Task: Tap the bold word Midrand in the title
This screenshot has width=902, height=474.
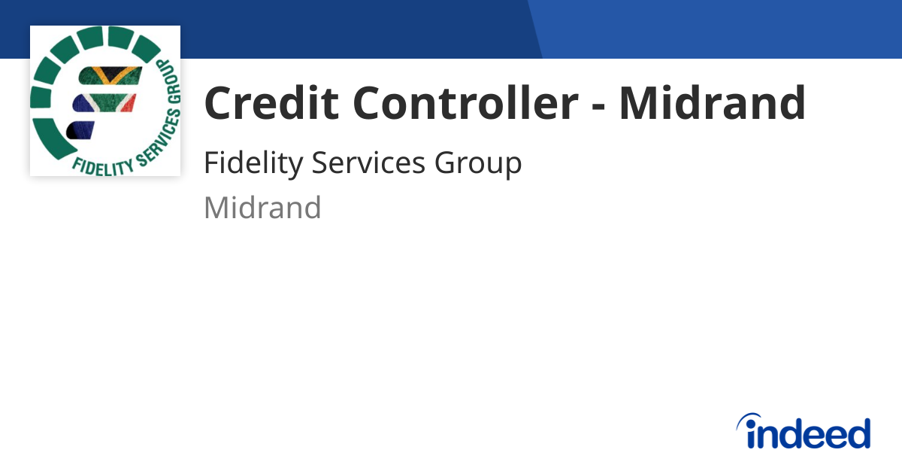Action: [x=712, y=103]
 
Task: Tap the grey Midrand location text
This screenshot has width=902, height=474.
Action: [x=262, y=208]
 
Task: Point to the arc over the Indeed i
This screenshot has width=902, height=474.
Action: [x=750, y=418]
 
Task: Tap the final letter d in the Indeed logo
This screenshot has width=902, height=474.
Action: [x=858, y=433]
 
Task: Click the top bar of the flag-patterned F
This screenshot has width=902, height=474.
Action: [x=110, y=77]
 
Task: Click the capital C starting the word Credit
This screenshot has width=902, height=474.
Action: [x=219, y=103]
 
